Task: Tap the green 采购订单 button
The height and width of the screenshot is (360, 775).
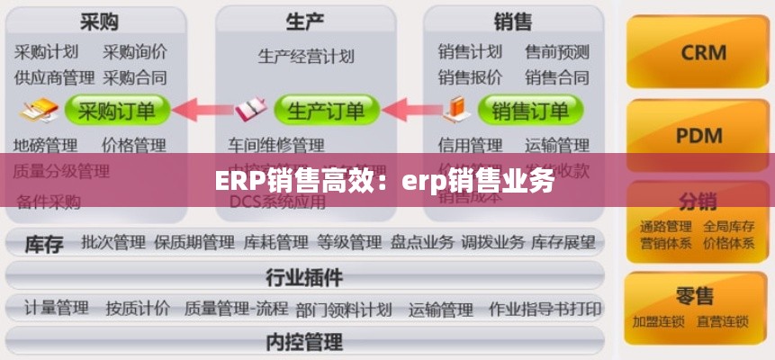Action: tap(117, 111)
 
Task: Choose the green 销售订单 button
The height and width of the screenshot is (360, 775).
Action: tap(530, 111)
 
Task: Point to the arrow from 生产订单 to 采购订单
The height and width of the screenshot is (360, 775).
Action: tap(203, 111)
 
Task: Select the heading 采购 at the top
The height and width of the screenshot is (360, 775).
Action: tap(99, 21)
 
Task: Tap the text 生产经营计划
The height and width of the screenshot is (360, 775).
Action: tap(306, 56)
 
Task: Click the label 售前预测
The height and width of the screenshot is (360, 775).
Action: tap(557, 51)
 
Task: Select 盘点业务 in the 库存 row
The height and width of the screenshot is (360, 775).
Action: tap(421, 241)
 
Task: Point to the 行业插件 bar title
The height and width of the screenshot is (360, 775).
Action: tap(304, 275)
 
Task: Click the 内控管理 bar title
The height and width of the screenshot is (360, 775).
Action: tap(304, 341)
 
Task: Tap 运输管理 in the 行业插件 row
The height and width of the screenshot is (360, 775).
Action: tap(440, 309)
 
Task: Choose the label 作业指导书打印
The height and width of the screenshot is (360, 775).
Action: tap(545, 309)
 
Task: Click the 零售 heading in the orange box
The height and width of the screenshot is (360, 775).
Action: tap(696, 295)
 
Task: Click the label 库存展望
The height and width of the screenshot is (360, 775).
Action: tap(563, 241)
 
